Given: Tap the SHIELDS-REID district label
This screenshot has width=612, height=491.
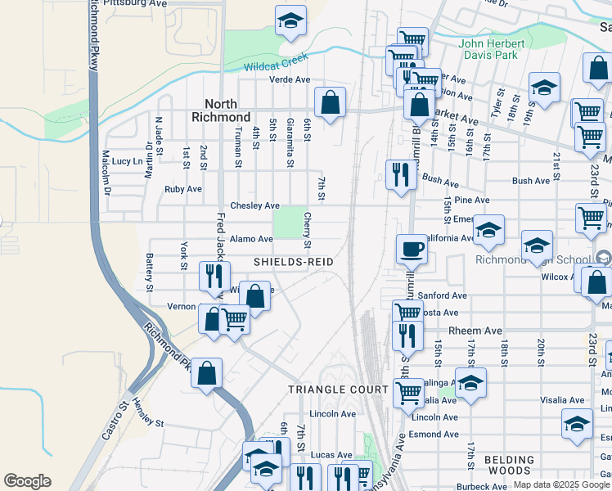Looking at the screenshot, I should click(x=294, y=261).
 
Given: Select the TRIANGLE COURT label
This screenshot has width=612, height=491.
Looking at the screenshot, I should click(x=338, y=390).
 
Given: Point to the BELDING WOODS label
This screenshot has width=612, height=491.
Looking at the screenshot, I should click(x=508, y=466).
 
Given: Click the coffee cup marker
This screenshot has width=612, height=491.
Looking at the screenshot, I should click(x=412, y=249).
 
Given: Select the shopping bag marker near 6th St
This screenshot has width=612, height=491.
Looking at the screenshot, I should click(x=331, y=104).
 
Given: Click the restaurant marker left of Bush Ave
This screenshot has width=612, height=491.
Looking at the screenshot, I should click(x=398, y=175).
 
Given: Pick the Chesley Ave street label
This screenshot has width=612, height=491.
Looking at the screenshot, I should click(x=255, y=205).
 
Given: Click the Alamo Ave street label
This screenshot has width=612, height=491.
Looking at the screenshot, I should click(x=251, y=239).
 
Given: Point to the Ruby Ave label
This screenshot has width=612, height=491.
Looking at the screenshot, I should click(x=183, y=188).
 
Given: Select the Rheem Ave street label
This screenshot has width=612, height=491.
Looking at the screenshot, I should click(x=480, y=331).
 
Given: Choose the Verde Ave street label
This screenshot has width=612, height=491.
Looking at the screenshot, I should click(x=290, y=79).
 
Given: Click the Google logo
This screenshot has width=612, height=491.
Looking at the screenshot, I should click(x=27, y=481).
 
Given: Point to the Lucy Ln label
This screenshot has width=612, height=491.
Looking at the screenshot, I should click(x=127, y=162).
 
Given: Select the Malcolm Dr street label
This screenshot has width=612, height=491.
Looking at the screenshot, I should click(x=106, y=169).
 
